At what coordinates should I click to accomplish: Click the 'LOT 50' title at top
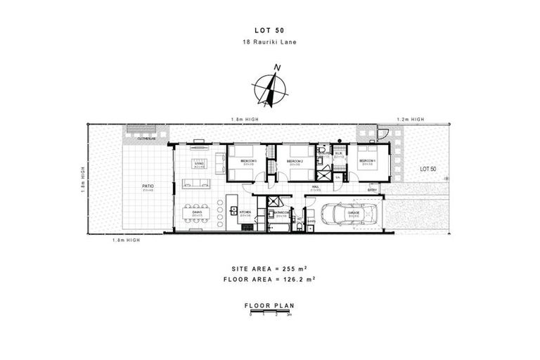point(269,30)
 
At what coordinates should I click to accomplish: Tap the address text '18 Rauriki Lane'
point(269,43)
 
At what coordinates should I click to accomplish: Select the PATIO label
point(148,186)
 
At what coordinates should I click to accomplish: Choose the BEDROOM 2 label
point(295,162)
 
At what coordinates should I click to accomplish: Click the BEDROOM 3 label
point(247,162)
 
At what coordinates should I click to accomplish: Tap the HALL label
point(316,187)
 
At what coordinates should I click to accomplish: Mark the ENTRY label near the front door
point(372,188)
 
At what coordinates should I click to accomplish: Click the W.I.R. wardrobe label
point(338,154)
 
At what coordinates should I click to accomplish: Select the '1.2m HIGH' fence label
point(409,119)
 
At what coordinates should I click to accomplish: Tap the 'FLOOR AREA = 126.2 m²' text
point(269,280)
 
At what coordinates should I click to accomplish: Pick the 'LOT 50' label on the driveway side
point(427,169)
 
